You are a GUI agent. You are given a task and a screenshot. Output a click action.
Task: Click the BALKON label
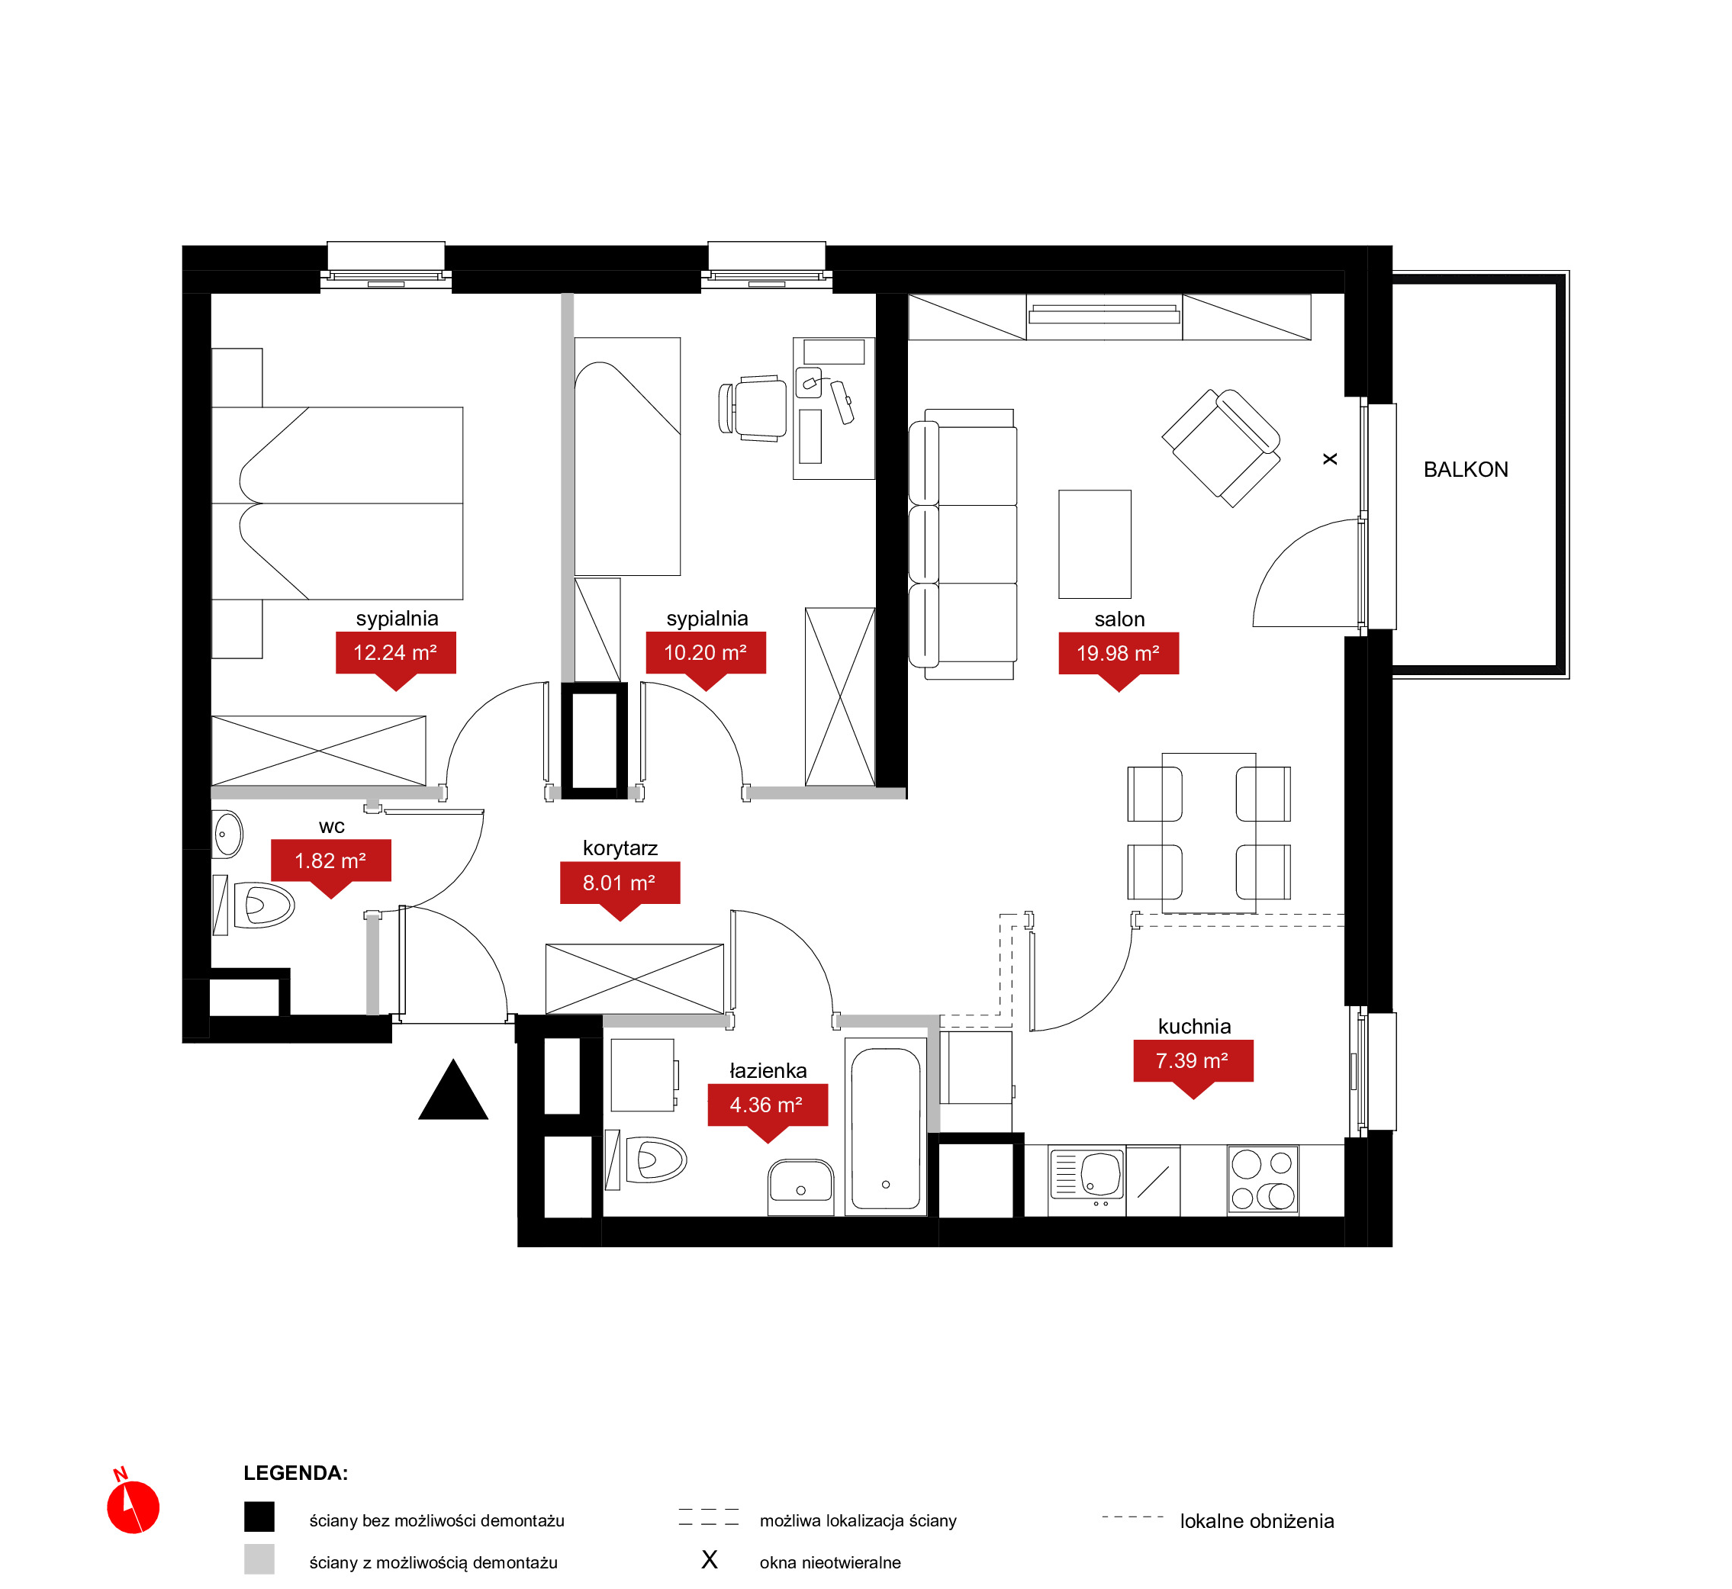coord(1466,469)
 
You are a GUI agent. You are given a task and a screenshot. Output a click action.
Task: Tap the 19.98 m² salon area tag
coord(1118,661)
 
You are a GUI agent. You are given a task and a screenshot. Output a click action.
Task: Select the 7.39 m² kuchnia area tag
coord(1193,1068)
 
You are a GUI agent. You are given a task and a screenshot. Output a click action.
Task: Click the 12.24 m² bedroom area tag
coord(395,661)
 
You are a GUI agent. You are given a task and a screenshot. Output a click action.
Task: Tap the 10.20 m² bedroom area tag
coord(705,661)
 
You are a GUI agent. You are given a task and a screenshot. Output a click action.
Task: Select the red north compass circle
coord(134,1507)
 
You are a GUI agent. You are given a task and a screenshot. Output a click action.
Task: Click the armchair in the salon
coord(1221,448)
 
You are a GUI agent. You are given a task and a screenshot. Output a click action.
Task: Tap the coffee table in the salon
coord(1095,544)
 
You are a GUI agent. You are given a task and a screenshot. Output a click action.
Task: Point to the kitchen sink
coord(1087,1175)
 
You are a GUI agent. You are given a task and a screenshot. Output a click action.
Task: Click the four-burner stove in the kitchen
coord(1263,1179)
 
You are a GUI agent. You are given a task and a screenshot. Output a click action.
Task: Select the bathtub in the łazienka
coord(886,1127)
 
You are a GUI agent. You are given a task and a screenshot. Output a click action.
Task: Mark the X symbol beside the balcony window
coord(1330,459)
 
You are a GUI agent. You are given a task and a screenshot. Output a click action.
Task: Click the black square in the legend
coord(259,1517)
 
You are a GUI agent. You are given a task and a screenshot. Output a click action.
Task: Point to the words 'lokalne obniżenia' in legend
coord(1257,1521)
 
